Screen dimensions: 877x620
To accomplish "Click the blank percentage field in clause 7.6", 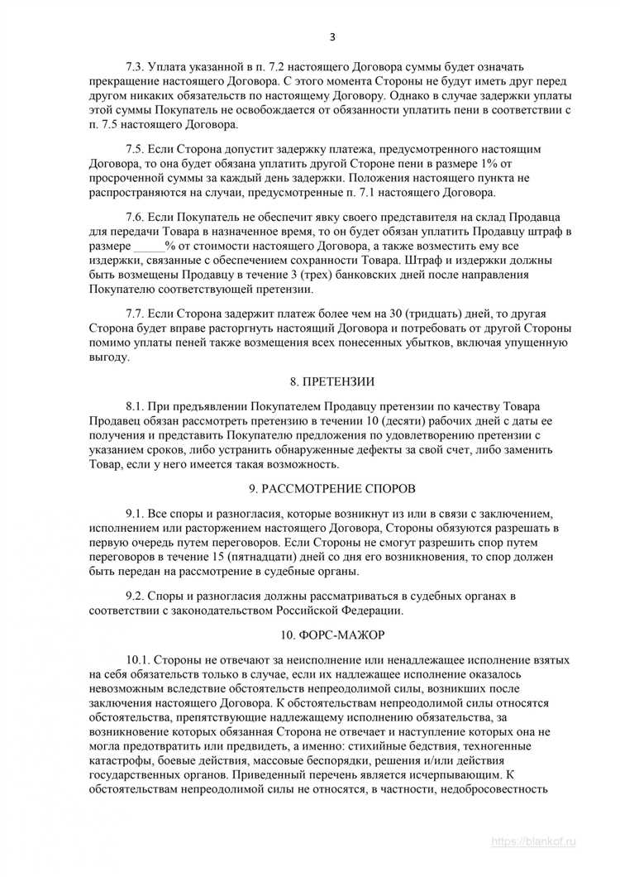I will pyautogui.click(x=149, y=247).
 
